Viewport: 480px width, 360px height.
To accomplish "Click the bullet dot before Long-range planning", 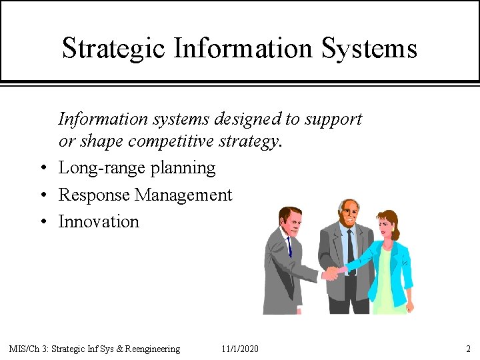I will (42, 169).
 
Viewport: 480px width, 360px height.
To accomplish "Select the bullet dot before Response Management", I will (42, 195).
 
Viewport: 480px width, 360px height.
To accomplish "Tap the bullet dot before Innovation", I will (42, 222).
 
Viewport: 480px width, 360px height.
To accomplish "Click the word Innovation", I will (99, 221).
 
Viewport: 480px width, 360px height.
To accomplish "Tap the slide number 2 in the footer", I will (468, 349).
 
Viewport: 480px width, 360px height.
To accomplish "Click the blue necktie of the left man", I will (289, 246).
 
